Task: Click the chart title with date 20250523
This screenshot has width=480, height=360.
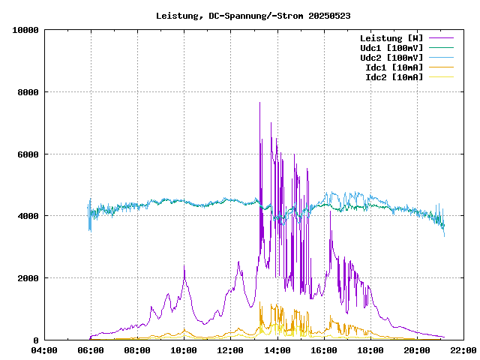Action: click(253, 15)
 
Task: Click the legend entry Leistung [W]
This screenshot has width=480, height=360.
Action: click(391, 37)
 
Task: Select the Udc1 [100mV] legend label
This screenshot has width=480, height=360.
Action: click(391, 47)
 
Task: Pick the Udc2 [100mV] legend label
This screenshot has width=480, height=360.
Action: click(391, 57)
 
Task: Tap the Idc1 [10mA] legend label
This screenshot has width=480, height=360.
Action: click(394, 67)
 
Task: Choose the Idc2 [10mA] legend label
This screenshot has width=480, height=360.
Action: click(394, 76)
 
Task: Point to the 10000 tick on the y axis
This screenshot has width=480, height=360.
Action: click(25, 30)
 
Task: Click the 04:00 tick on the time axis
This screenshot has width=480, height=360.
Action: click(44, 350)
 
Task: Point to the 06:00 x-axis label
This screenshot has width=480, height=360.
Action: click(91, 350)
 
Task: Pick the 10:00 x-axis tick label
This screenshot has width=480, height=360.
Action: click(184, 350)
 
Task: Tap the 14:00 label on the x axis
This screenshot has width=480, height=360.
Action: click(277, 350)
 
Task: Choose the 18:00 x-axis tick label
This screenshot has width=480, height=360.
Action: click(370, 350)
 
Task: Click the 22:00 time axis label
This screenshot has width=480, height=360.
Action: click(463, 350)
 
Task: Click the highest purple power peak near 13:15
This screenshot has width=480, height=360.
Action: click(259, 103)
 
